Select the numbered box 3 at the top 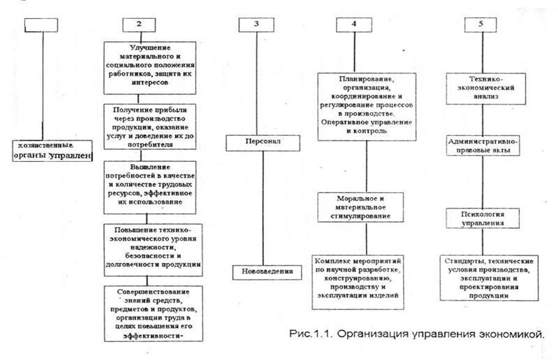tap(255, 25)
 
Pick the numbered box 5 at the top tap(481, 25)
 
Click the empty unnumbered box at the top tap(42, 25)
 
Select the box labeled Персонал tap(263, 143)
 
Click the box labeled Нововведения tap(263, 271)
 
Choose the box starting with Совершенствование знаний tap(149, 313)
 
